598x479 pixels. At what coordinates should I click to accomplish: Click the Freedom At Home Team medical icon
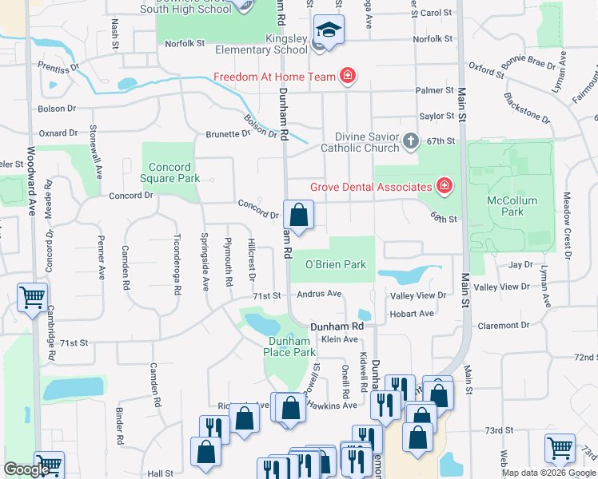348,77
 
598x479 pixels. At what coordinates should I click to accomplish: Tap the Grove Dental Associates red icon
444,187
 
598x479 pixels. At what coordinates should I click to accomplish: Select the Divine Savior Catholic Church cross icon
410,141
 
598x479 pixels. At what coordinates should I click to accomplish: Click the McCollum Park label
512,206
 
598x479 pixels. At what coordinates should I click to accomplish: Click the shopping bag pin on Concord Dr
298,215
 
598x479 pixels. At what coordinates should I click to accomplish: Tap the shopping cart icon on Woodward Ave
32,298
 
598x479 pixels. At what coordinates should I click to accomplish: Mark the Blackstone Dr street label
527,109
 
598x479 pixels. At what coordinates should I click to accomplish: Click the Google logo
26,470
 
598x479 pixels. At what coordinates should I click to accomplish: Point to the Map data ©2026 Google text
548,473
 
